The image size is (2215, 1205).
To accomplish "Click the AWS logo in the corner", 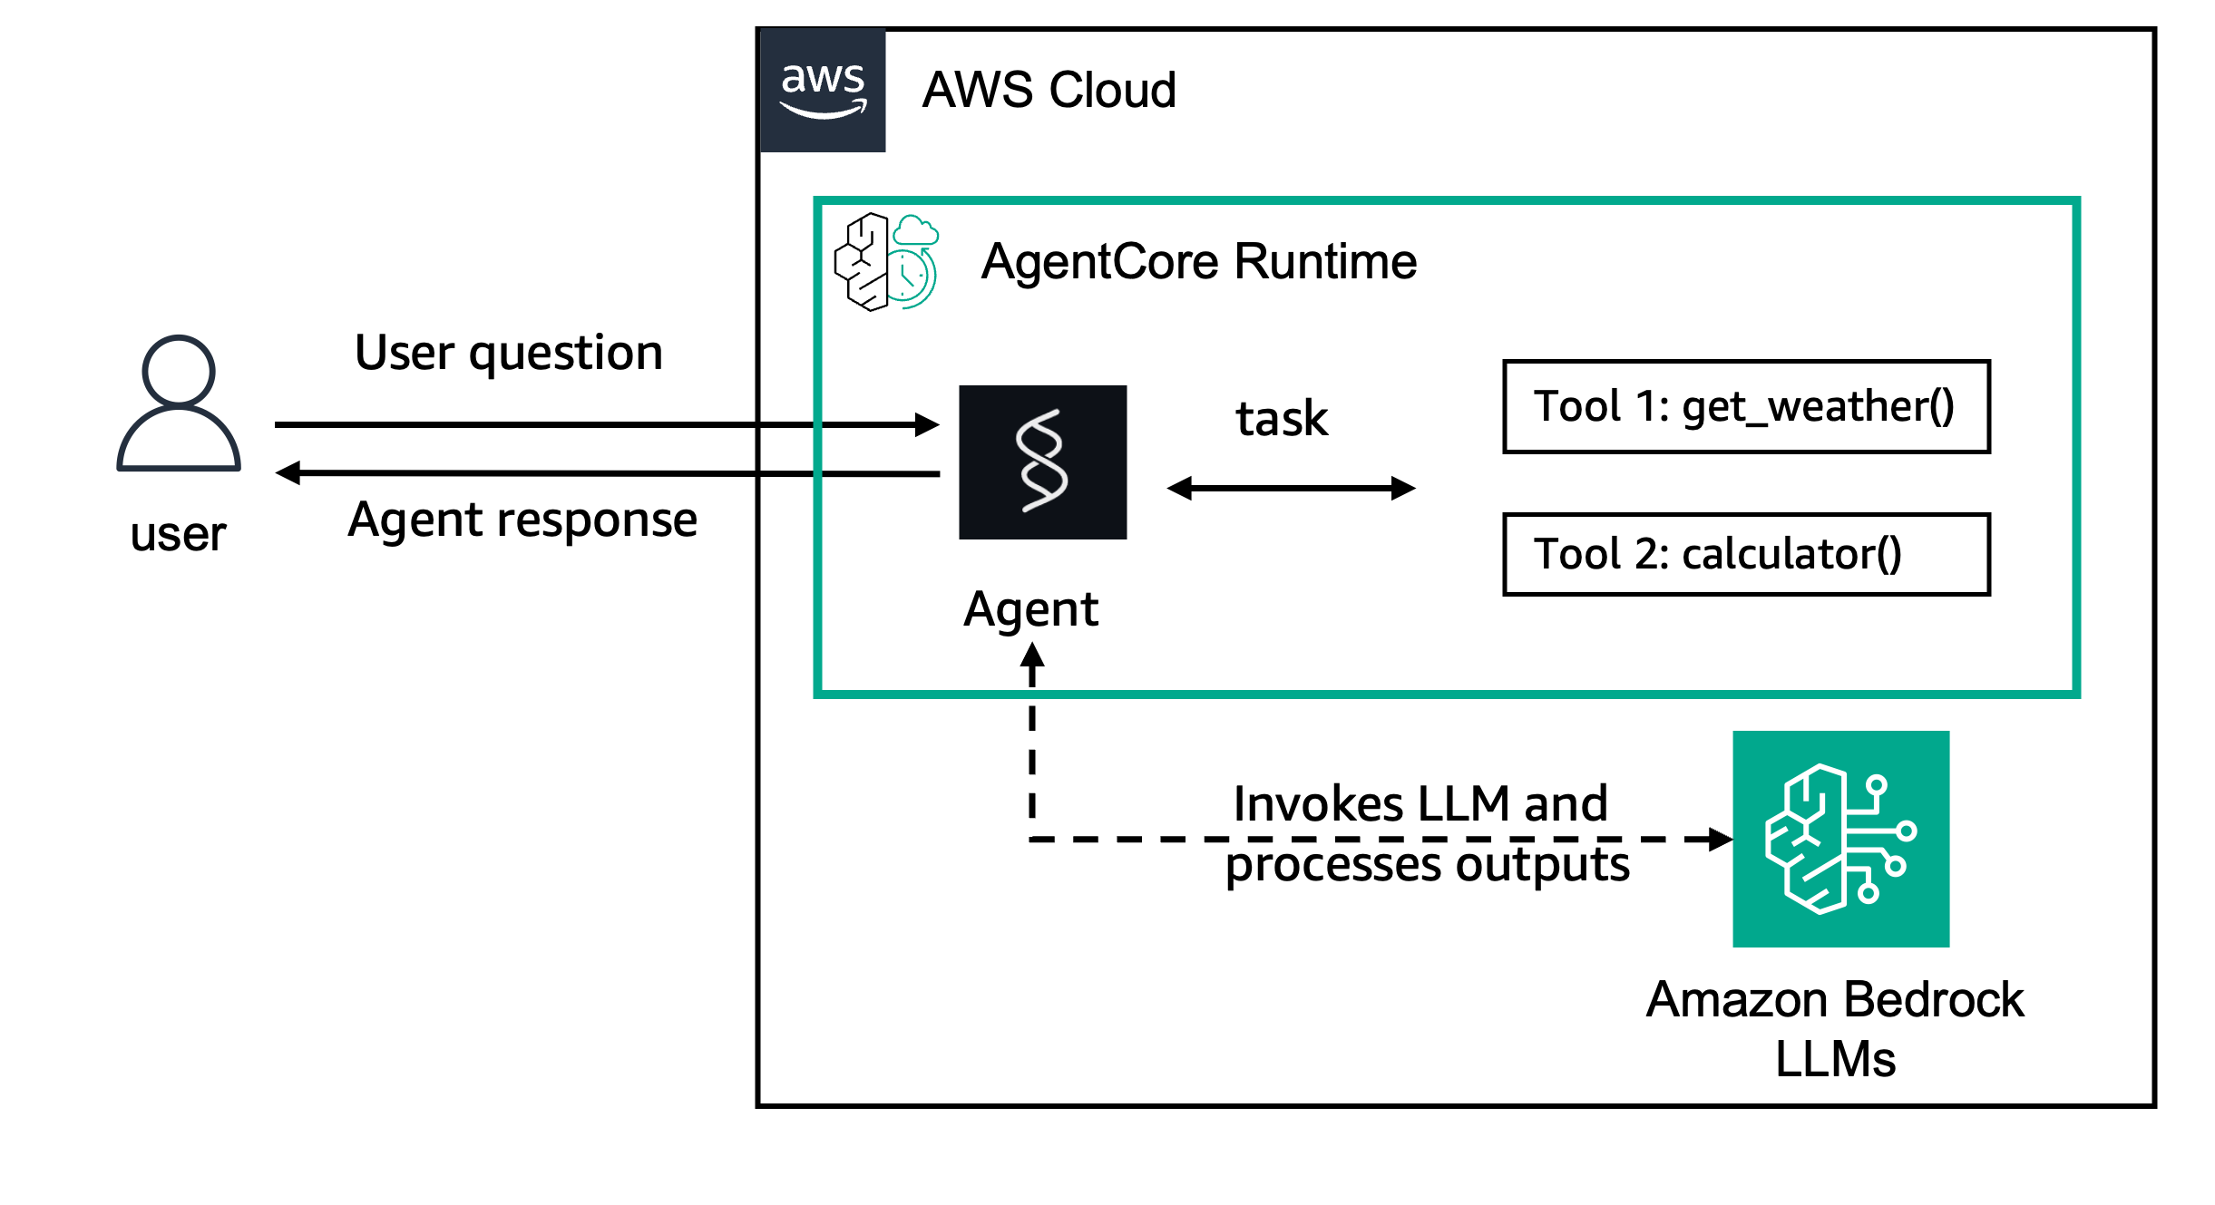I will pos(822,91).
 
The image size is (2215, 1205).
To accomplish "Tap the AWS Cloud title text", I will pos(1049,91).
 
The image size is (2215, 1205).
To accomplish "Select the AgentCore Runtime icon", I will pos(886,262).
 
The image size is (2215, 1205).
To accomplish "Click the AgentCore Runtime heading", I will pos(1198,262).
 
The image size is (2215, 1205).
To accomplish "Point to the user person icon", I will pos(179,403).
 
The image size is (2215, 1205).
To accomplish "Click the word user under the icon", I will pos(178,534).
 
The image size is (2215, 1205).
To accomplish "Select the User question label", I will pos(509,353).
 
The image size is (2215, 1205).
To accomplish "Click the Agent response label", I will pos(522,520).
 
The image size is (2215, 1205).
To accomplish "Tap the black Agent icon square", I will pos(1043,462).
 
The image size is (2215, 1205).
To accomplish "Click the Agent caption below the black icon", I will pos(1030,609).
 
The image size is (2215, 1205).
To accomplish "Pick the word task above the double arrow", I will pos(1282,419).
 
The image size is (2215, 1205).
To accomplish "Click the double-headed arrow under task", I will pos(1291,489).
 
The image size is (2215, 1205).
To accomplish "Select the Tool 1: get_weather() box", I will pos(1746,407).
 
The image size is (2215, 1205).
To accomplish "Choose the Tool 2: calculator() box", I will pos(1746,554).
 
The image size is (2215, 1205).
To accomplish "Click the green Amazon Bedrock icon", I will pos(1840,839).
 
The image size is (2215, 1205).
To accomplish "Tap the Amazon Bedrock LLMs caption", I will pos(1835,1029).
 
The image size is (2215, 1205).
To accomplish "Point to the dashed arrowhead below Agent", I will pos(1032,656).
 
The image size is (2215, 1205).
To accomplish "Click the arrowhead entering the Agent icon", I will pos(927,424).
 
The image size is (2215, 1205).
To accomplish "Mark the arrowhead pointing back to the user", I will pos(288,472).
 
